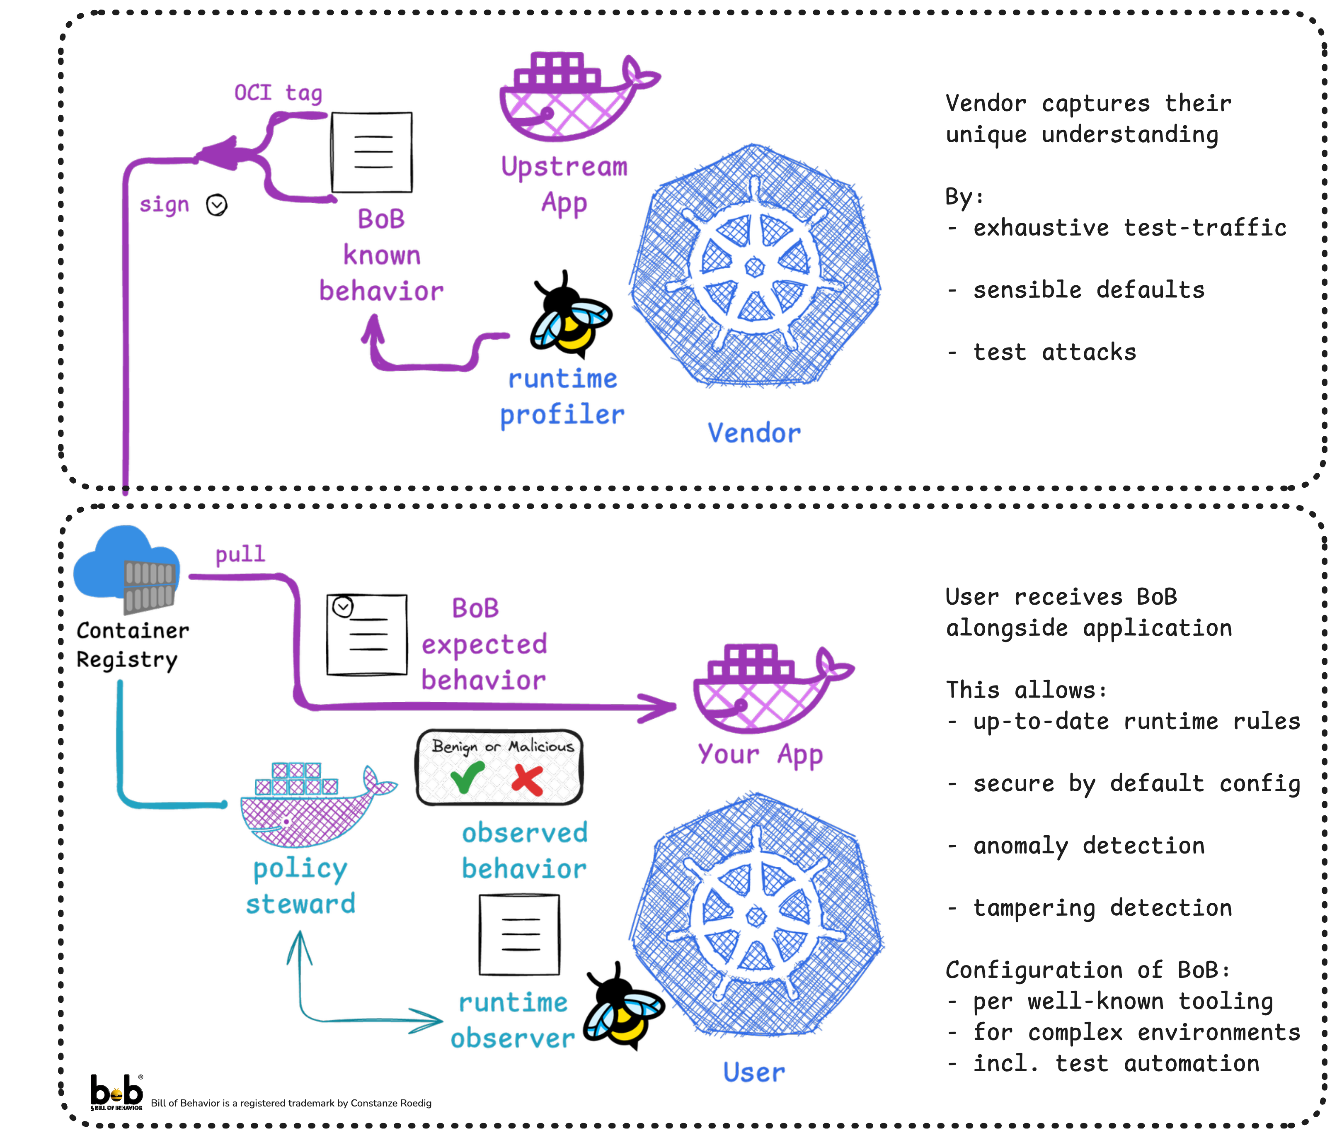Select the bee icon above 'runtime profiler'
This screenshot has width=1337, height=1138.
(571, 326)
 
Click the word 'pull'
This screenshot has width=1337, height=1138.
(240, 554)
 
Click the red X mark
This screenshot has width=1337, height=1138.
(527, 779)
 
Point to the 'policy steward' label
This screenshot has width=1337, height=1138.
(300, 886)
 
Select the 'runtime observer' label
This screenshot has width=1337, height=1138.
(513, 1021)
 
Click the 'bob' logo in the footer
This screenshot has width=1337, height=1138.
(116, 1091)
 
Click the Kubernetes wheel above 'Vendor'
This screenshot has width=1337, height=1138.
(755, 266)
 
